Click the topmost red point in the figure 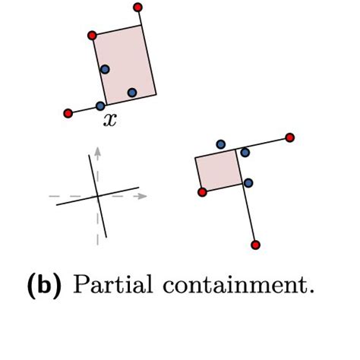pos(137,8)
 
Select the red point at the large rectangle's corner pos(92,36)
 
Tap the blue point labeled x pos(100,106)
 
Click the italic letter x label pos(110,120)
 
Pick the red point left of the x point pos(68,113)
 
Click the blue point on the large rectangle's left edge pos(105,69)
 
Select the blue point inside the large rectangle pos(132,93)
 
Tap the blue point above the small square pos(221,144)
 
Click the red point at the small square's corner pos(202,192)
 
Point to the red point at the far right pos(290,137)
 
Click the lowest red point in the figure pos(256,245)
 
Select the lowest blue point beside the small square pos(248,183)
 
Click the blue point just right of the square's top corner pos(245,153)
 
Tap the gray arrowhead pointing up pos(98,151)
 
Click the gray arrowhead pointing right pos(142,196)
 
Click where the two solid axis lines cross pos(98,196)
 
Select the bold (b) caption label pos(44,286)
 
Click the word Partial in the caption pos(113,284)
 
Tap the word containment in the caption pos(238,285)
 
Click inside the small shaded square pos(219,170)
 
